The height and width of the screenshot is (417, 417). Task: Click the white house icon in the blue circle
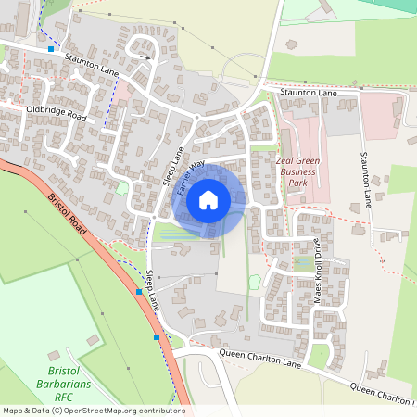(208, 199)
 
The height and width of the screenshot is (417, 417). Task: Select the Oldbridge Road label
(56, 114)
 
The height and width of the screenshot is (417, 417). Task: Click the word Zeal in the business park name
(287, 159)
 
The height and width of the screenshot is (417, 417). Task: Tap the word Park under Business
(297, 183)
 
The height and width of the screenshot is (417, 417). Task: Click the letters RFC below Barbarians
(63, 396)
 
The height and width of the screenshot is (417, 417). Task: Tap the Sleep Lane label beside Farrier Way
(176, 166)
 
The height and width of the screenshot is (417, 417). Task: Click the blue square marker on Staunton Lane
(51, 47)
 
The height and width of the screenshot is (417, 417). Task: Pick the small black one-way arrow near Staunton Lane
(145, 57)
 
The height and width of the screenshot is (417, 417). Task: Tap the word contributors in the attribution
(159, 411)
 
